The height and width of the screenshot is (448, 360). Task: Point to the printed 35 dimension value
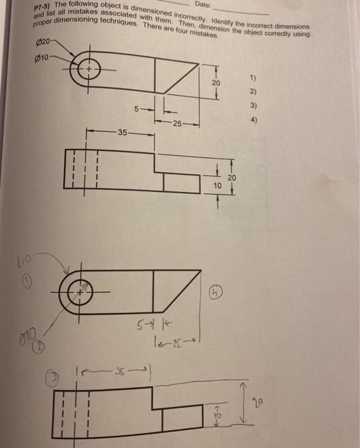(x=122, y=132)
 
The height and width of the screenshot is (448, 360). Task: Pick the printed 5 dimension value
(x=136, y=109)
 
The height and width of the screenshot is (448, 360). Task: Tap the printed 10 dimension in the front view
(x=218, y=184)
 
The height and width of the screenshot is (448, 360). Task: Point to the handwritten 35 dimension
(x=121, y=369)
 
